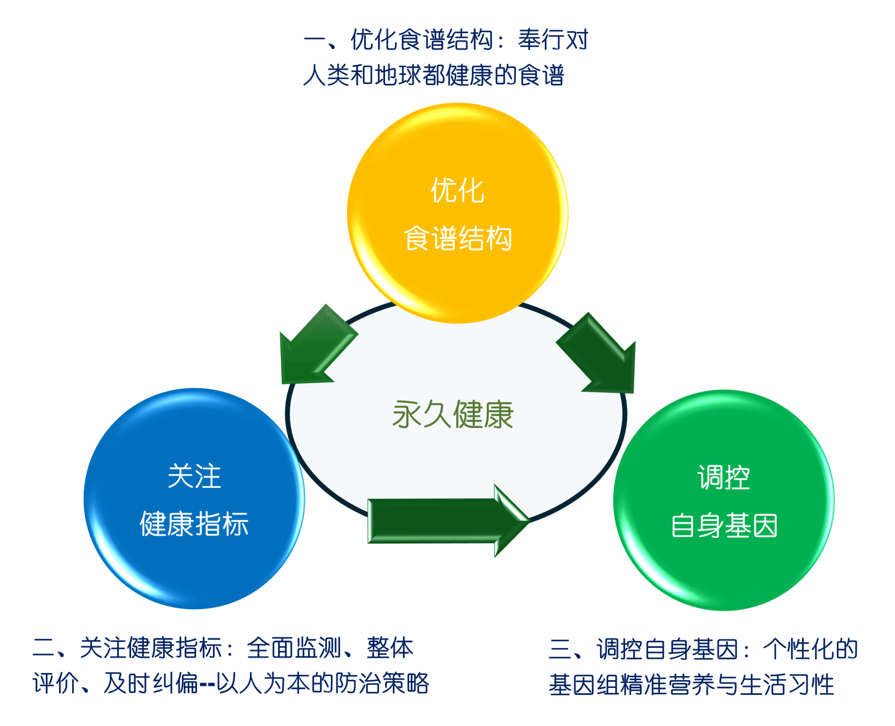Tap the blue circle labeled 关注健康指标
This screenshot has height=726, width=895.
coord(194,568)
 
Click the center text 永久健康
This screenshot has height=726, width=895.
coord(453,415)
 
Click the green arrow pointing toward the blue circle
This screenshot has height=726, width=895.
coord(315,349)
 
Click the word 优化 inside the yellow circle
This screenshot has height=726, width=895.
coord(458,190)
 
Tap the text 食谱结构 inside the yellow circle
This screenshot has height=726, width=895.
coord(458,239)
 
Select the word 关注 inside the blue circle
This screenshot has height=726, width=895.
coord(194,476)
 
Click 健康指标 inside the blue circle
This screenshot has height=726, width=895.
coord(194,524)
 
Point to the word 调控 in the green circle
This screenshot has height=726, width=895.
coord(724,477)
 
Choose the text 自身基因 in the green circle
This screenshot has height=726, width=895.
coord(724,525)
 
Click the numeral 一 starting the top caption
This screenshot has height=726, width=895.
coord(315,40)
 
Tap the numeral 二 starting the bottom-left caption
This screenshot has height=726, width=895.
coord(44,648)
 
